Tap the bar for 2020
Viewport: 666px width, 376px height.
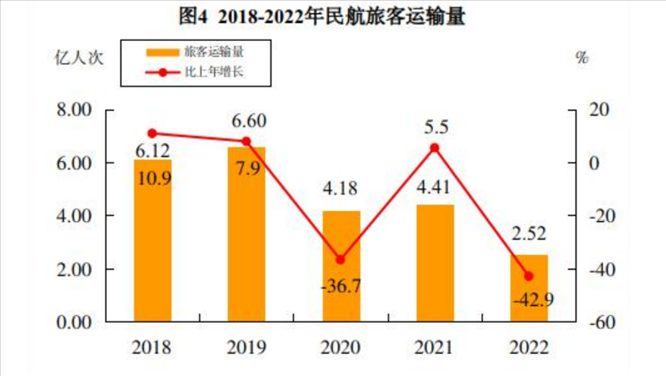tap(341, 266)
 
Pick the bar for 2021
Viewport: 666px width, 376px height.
tap(435, 263)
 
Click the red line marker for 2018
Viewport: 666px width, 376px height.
tap(152, 134)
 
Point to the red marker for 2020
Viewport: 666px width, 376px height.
tap(341, 260)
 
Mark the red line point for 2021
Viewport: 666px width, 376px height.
tap(435, 148)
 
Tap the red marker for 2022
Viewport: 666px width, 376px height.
tap(529, 276)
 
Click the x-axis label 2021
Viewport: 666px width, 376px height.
tap(435, 348)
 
